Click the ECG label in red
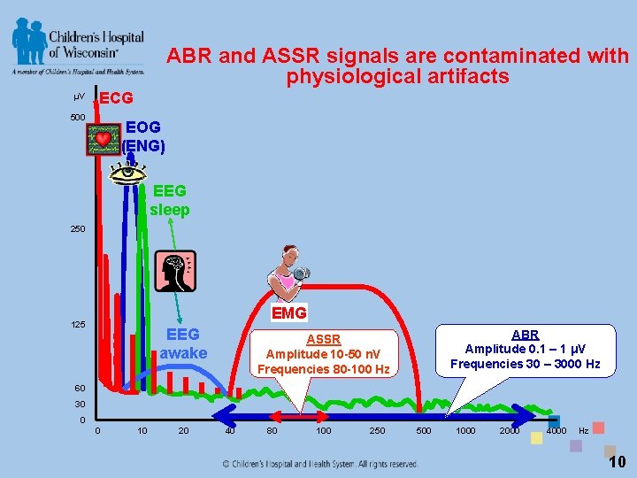pos(116,97)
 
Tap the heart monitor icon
pos(104,140)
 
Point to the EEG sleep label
pos(169,200)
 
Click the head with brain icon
pos(174,270)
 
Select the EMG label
pos(289,312)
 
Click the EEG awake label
pos(183,343)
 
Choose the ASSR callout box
pos(323,353)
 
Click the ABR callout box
pos(525,349)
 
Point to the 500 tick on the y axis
pos(78,118)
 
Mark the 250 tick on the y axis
pos(78,228)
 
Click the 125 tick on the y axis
pos(78,325)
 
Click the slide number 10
pos(617,461)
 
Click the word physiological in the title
pos(368,77)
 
